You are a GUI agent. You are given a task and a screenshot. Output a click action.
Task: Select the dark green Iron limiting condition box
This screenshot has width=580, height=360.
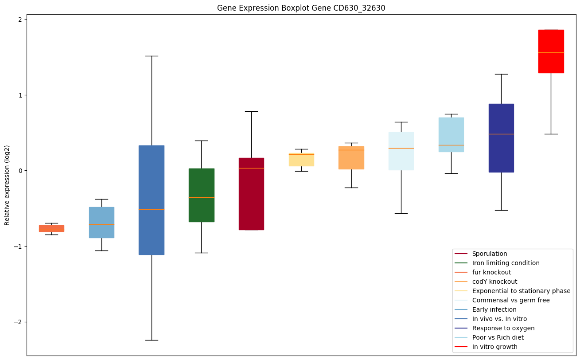tap(201, 195)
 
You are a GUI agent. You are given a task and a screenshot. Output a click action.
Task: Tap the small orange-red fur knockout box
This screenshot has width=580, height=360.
tap(51, 228)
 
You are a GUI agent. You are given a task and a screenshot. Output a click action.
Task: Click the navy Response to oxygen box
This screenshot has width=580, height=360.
tap(501, 138)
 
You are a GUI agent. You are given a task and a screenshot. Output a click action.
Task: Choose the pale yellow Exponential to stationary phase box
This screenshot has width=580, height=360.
tap(301, 160)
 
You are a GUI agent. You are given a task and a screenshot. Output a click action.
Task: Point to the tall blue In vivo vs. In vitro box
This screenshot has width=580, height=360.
tap(152, 200)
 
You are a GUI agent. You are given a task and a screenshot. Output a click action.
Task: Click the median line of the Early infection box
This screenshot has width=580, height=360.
tap(101, 224)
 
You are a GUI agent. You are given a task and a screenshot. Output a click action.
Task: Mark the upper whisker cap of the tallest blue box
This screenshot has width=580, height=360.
tap(152, 56)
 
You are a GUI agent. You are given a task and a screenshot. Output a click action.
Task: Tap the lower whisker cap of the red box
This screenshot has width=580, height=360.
tap(551, 134)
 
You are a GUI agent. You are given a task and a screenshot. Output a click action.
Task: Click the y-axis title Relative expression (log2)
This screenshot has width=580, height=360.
tap(7, 185)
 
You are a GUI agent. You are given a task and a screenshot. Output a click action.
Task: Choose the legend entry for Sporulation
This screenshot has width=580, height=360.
tap(490, 254)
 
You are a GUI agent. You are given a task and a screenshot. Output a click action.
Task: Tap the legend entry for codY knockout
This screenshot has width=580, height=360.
tap(494, 282)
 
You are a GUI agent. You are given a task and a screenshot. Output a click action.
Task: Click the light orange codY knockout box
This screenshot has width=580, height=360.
tap(351, 157)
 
